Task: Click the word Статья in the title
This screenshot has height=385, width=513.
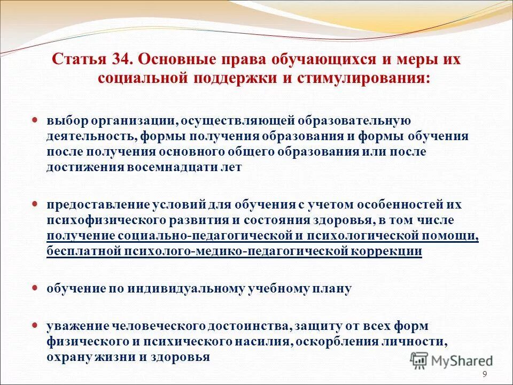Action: click(78, 59)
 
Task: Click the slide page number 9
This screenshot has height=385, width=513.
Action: click(484, 374)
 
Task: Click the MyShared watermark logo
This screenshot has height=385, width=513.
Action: click(452, 360)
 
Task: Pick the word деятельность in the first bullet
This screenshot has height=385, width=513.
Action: click(91, 136)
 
